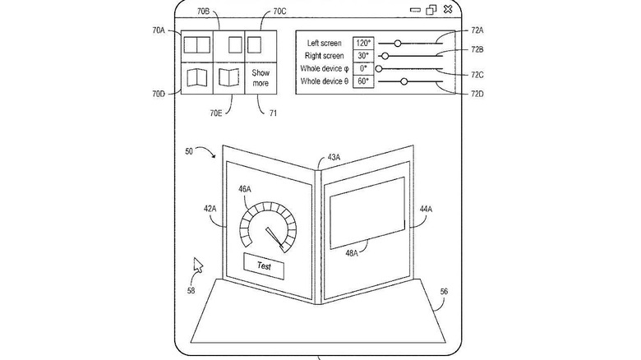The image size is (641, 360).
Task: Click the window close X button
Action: tap(448, 9)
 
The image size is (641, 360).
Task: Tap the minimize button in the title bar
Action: tap(415, 10)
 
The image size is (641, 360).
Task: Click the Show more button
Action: tap(261, 78)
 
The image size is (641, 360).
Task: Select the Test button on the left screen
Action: tap(264, 266)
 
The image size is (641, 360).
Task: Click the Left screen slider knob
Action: tap(398, 43)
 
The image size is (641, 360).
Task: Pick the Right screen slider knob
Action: tap(385, 56)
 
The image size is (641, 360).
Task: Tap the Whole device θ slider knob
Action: tap(404, 81)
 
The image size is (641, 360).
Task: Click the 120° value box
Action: tap(363, 43)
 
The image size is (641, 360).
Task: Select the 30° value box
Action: tap(363, 56)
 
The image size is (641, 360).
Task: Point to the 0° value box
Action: tap(363, 69)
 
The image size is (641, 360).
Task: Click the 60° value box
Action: tap(363, 81)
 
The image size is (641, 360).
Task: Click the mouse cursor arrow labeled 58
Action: tap(198, 265)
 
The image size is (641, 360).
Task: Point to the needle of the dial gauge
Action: tap(274, 238)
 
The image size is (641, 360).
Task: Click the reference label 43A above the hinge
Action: tap(334, 158)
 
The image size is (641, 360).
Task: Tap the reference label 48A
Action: tap(352, 253)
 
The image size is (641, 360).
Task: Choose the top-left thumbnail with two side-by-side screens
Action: tap(196, 45)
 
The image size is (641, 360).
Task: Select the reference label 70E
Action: tap(216, 113)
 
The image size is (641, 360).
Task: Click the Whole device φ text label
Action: tap(324, 69)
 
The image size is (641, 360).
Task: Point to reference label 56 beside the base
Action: tap(444, 291)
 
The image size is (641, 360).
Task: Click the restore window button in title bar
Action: tap(431, 10)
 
